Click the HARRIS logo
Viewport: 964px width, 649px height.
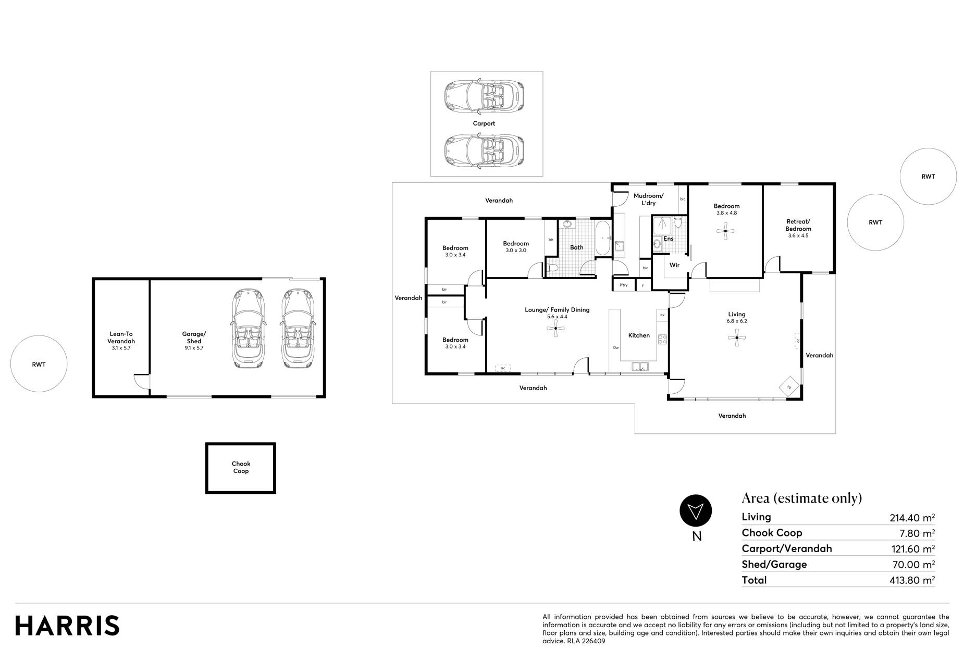click(x=67, y=626)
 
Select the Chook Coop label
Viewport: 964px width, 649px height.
click(x=241, y=467)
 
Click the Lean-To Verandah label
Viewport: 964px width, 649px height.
click(x=121, y=338)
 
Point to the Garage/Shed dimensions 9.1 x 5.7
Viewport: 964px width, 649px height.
click(x=194, y=348)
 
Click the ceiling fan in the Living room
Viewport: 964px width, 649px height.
click(x=737, y=338)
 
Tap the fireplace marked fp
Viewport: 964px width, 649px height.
click(x=789, y=387)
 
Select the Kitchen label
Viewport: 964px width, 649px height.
click(x=639, y=335)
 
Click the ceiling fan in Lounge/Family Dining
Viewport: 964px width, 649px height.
click(x=556, y=328)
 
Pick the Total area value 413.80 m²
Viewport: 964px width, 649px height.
click(x=912, y=580)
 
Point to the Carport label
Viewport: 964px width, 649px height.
click(x=484, y=123)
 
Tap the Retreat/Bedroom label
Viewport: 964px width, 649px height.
click(x=798, y=225)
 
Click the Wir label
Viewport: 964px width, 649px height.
click(x=674, y=265)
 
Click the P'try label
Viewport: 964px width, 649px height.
click(x=624, y=285)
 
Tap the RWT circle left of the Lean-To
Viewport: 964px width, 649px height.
click(x=39, y=364)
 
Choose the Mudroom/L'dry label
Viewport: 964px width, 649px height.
click(x=648, y=199)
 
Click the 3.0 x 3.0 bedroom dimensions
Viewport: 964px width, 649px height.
click(x=516, y=251)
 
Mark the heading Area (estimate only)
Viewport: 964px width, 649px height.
click(x=801, y=498)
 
